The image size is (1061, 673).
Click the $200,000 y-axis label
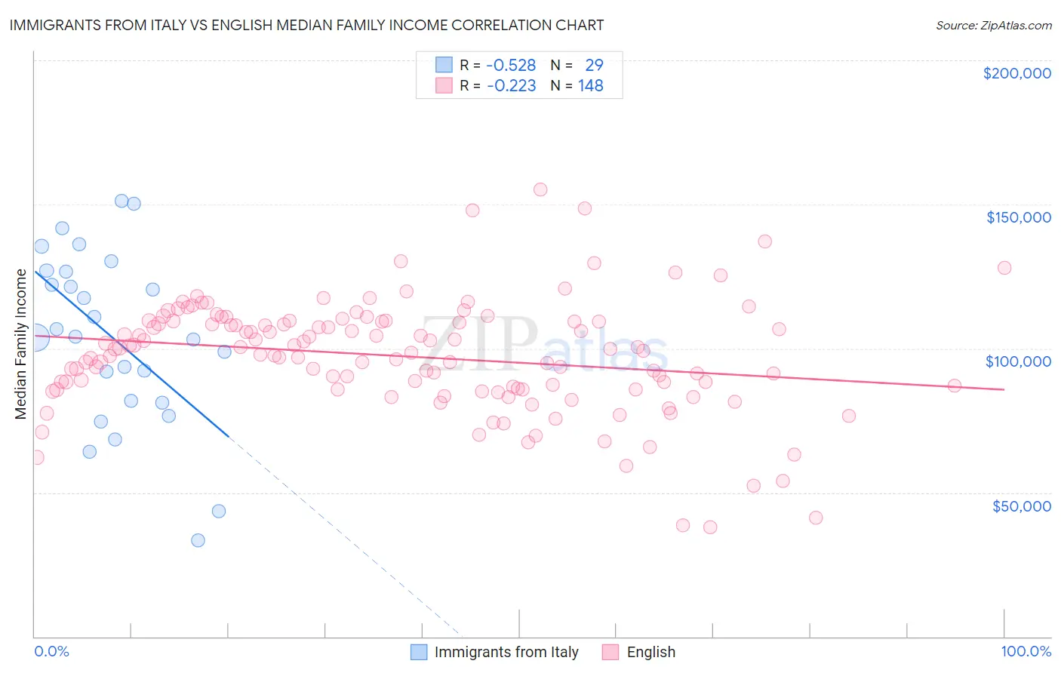pyautogui.click(x=1016, y=73)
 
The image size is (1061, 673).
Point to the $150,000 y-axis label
pyautogui.click(x=1018, y=217)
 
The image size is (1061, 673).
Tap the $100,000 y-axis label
pyautogui.click(x=1018, y=361)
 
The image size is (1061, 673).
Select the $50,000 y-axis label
pyautogui.click(x=1021, y=506)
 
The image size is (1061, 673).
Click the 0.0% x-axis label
pyautogui.click(x=51, y=651)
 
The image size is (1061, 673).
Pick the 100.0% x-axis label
pyautogui.click(x=1026, y=651)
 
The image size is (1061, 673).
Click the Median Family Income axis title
pyautogui.click(x=21, y=344)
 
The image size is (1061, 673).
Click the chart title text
pyautogui.click(x=306, y=25)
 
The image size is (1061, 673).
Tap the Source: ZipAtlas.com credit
pyautogui.click(x=993, y=26)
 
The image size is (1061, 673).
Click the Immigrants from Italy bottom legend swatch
pyautogui.click(x=419, y=652)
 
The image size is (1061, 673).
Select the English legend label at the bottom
pyautogui.click(x=650, y=652)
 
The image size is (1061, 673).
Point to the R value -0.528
pyautogui.click(x=511, y=66)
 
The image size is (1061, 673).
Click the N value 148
pyautogui.click(x=591, y=86)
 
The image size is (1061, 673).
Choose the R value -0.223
pyautogui.click(x=511, y=86)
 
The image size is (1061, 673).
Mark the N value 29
pyautogui.click(x=594, y=66)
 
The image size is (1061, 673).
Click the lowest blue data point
pyautogui.click(x=198, y=540)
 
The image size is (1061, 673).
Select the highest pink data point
pyautogui.click(x=540, y=189)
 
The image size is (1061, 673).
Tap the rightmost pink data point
pyautogui.click(x=1004, y=268)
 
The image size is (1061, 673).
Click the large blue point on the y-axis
pyautogui.click(x=35, y=336)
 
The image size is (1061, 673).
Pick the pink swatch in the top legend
pyautogui.click(x=444, y=86)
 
